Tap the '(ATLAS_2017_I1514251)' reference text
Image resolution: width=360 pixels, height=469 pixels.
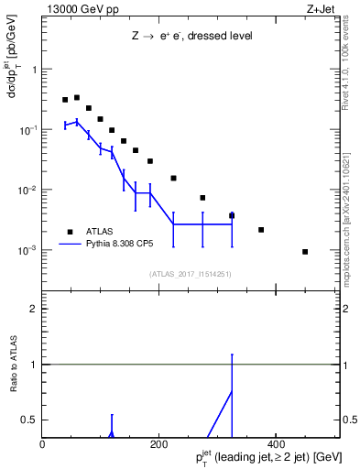click(190, 273)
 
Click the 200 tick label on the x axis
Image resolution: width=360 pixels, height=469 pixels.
click(158, 444)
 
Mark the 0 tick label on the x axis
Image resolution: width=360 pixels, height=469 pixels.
click(42, 444)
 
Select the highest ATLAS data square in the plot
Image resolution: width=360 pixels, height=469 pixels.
click(77, 97)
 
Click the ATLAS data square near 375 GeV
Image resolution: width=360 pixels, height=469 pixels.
click(261, 230)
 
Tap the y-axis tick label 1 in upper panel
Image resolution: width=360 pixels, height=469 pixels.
click(35, 70)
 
